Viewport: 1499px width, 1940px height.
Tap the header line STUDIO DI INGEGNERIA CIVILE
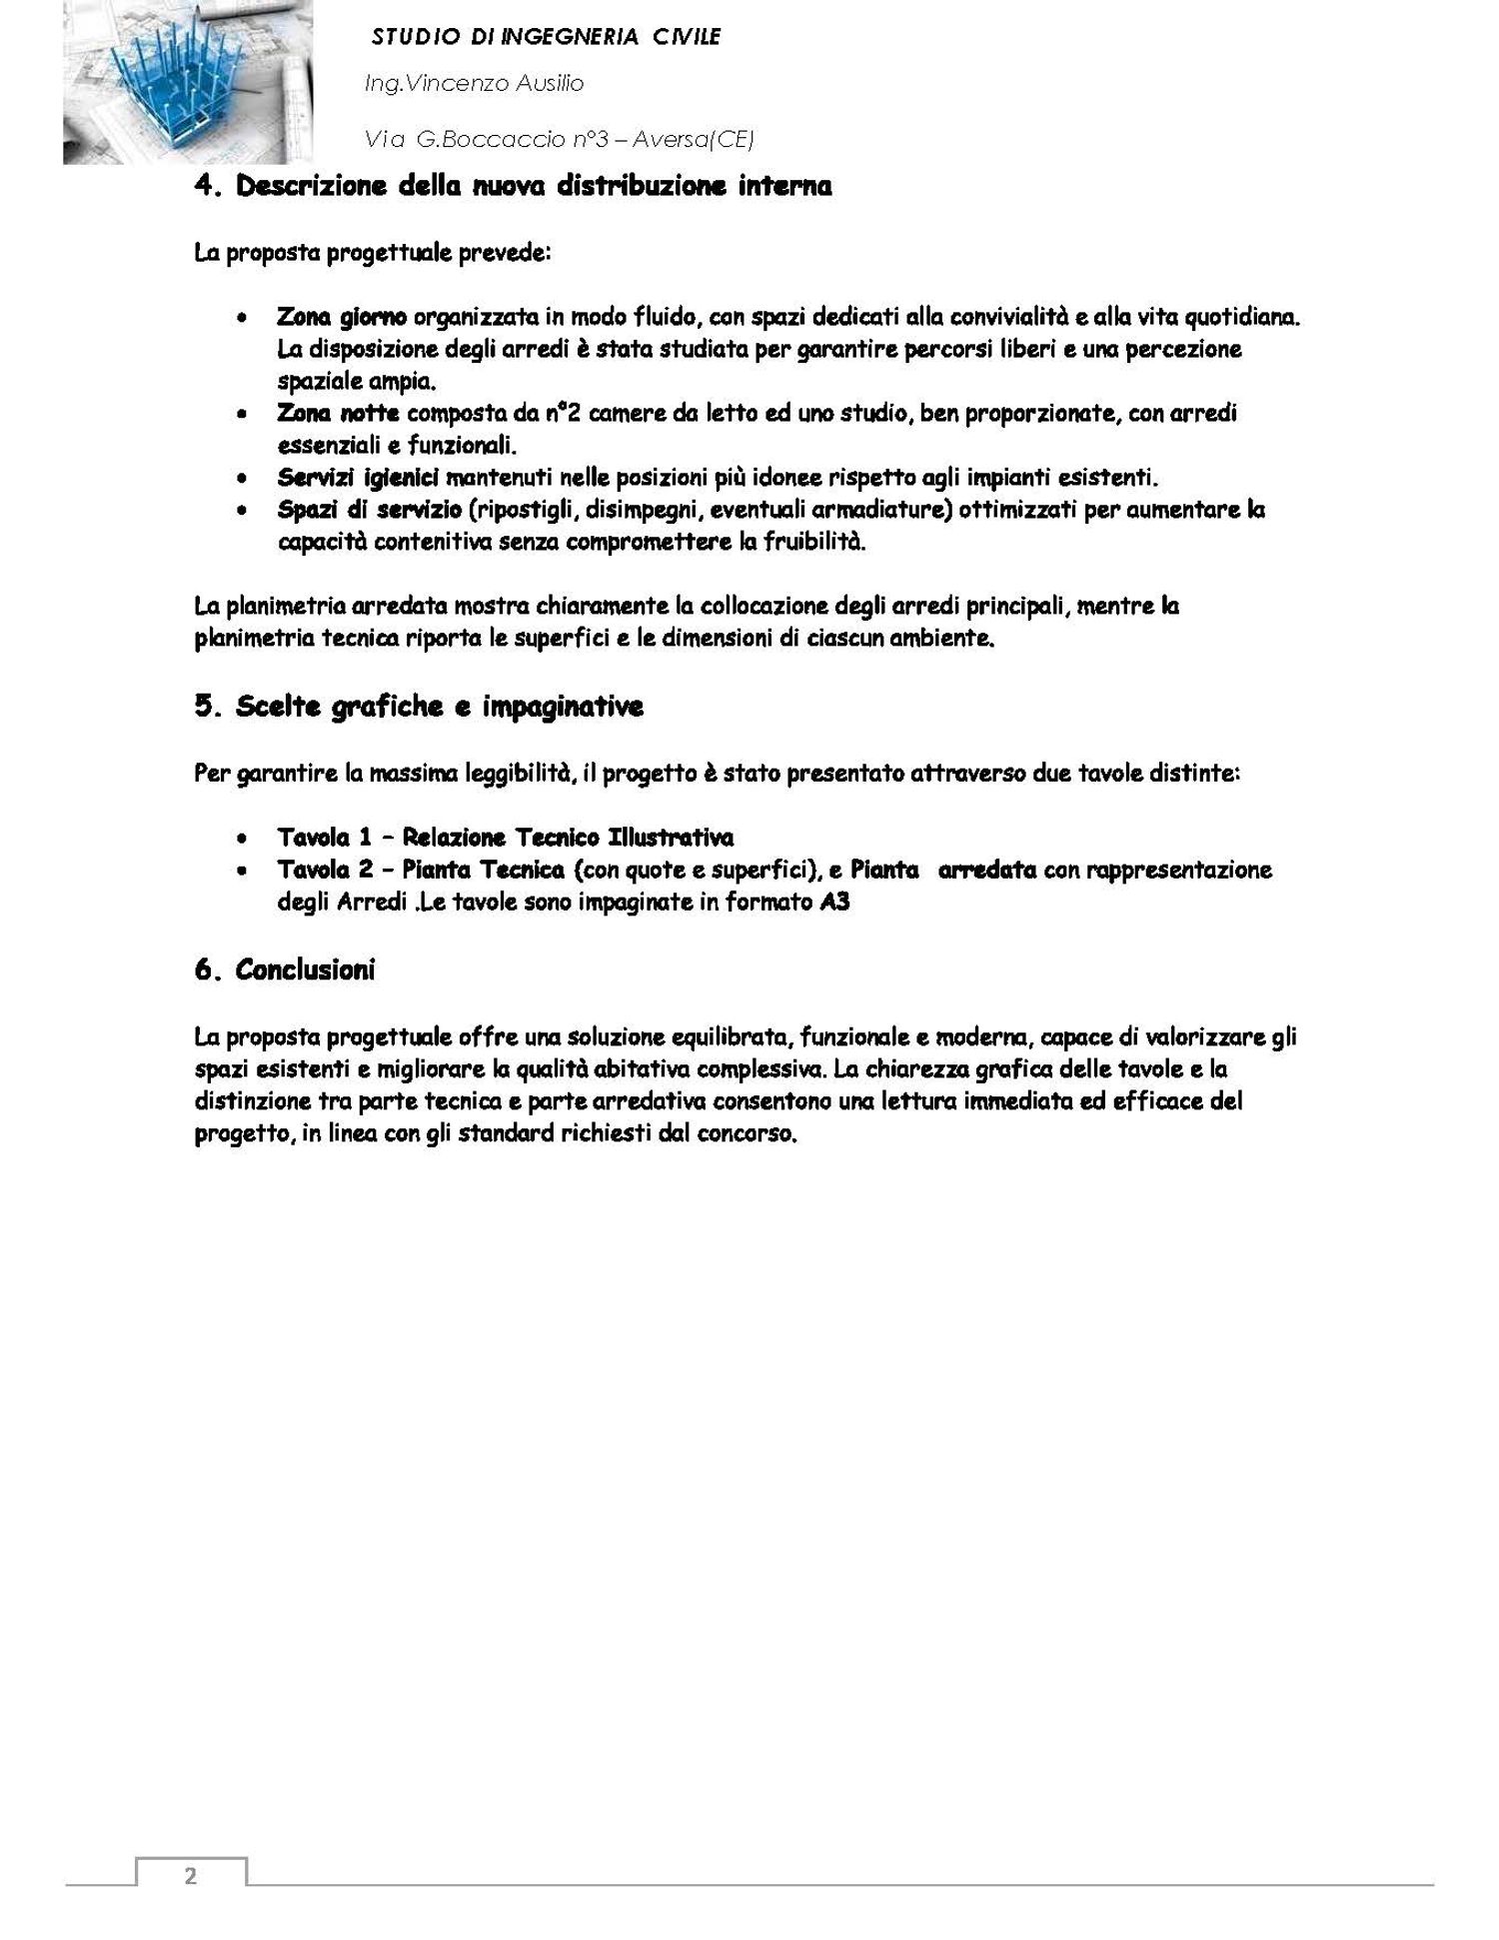pos(546,38)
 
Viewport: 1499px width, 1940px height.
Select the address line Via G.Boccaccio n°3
pos(559,140)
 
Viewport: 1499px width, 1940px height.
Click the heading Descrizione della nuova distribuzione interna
pos(513,187)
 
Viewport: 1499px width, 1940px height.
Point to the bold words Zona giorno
pos(342,318)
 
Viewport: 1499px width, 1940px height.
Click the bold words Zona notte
pos(339,413)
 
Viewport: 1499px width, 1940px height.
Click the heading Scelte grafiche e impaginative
pos(419,707)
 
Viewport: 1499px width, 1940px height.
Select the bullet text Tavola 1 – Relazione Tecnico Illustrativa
pos(506,838)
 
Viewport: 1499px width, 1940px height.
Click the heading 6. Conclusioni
pos(285,970)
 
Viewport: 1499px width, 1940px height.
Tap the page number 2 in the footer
pos(190,1876)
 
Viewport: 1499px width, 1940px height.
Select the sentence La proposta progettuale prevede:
pos(373,253)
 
